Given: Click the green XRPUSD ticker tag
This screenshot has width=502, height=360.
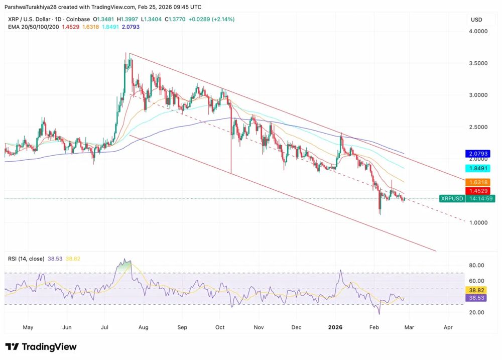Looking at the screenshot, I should click(452, 198).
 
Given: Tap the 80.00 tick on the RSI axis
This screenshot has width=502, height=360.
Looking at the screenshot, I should click(476, 265).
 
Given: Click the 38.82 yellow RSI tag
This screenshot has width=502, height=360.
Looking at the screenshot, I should click(476, 290).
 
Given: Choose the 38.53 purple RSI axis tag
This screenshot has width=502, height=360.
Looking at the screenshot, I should click(476, 298).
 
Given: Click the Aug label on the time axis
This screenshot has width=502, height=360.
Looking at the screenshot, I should click(143, 327).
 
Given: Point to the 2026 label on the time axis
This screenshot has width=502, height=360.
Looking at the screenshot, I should click(335, 327).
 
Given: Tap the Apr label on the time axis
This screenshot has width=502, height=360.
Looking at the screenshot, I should click(448, 327).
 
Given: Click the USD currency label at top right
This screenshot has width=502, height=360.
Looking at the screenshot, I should click(476, 20).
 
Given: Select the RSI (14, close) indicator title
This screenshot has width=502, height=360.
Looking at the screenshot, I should click(26, 259).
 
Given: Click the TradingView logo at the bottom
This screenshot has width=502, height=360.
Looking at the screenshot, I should click(41, 347).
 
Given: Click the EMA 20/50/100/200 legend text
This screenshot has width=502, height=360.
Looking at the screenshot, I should click(33, 27).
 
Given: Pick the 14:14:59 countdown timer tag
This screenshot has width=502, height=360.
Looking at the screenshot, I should click(480, 198).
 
